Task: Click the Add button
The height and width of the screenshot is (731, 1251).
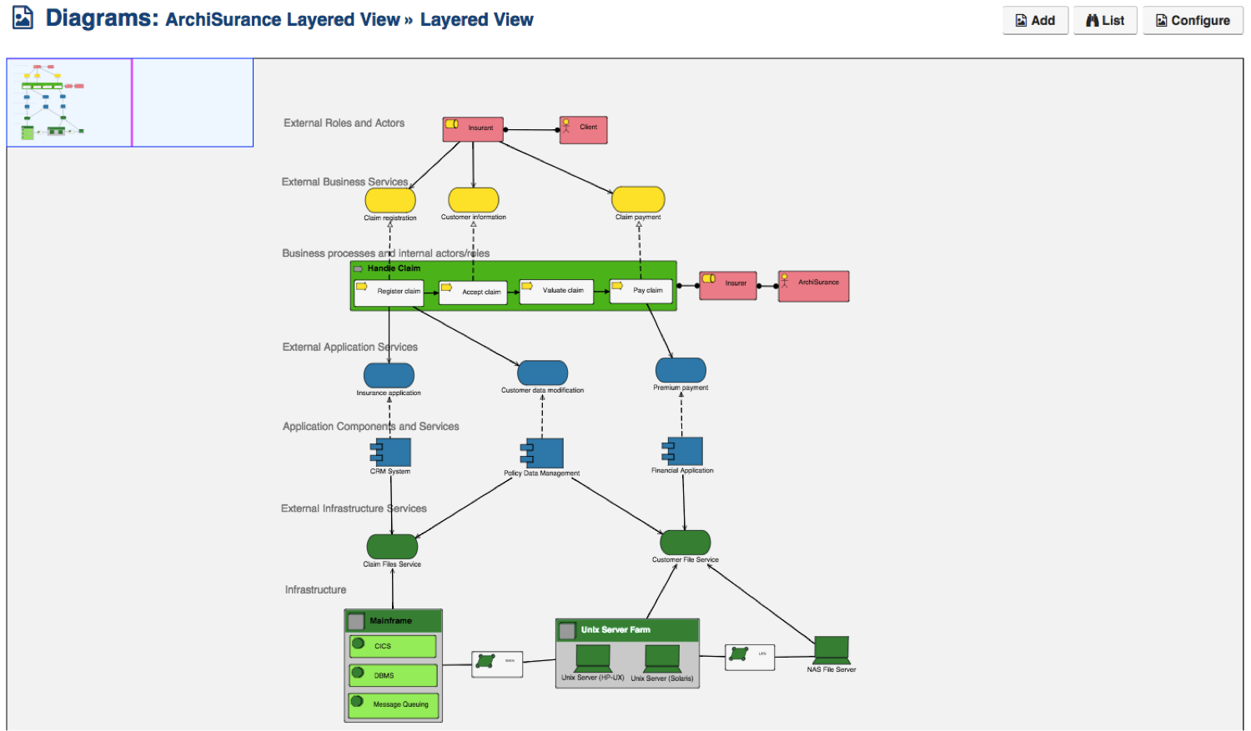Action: (1035, 21)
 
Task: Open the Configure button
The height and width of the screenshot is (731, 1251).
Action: (1193, 21)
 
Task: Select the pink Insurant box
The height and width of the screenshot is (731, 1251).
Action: (473, 129)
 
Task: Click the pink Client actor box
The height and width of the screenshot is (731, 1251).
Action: (583, 130)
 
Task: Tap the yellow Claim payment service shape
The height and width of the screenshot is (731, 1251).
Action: (638, 200)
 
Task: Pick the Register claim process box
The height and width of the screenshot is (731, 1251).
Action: (389, 293)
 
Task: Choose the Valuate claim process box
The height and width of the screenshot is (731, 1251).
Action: (556, 292)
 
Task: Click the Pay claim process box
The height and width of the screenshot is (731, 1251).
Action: (641, 292)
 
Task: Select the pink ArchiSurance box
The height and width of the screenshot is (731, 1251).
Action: (813, 286)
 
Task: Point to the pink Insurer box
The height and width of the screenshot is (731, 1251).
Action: (728, 285)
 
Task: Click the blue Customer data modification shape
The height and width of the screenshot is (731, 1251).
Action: (542, 373)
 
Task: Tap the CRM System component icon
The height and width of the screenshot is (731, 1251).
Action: (391, 453)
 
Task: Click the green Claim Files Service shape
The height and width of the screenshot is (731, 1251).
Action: (392, 547)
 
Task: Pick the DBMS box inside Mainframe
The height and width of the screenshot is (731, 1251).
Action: (393, 675)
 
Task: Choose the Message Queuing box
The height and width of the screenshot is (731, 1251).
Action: (393, 705)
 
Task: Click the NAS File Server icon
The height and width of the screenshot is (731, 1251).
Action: (831, 649)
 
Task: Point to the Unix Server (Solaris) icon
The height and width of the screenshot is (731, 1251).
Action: (662, 658)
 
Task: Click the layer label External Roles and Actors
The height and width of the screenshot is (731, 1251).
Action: (344, 123)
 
